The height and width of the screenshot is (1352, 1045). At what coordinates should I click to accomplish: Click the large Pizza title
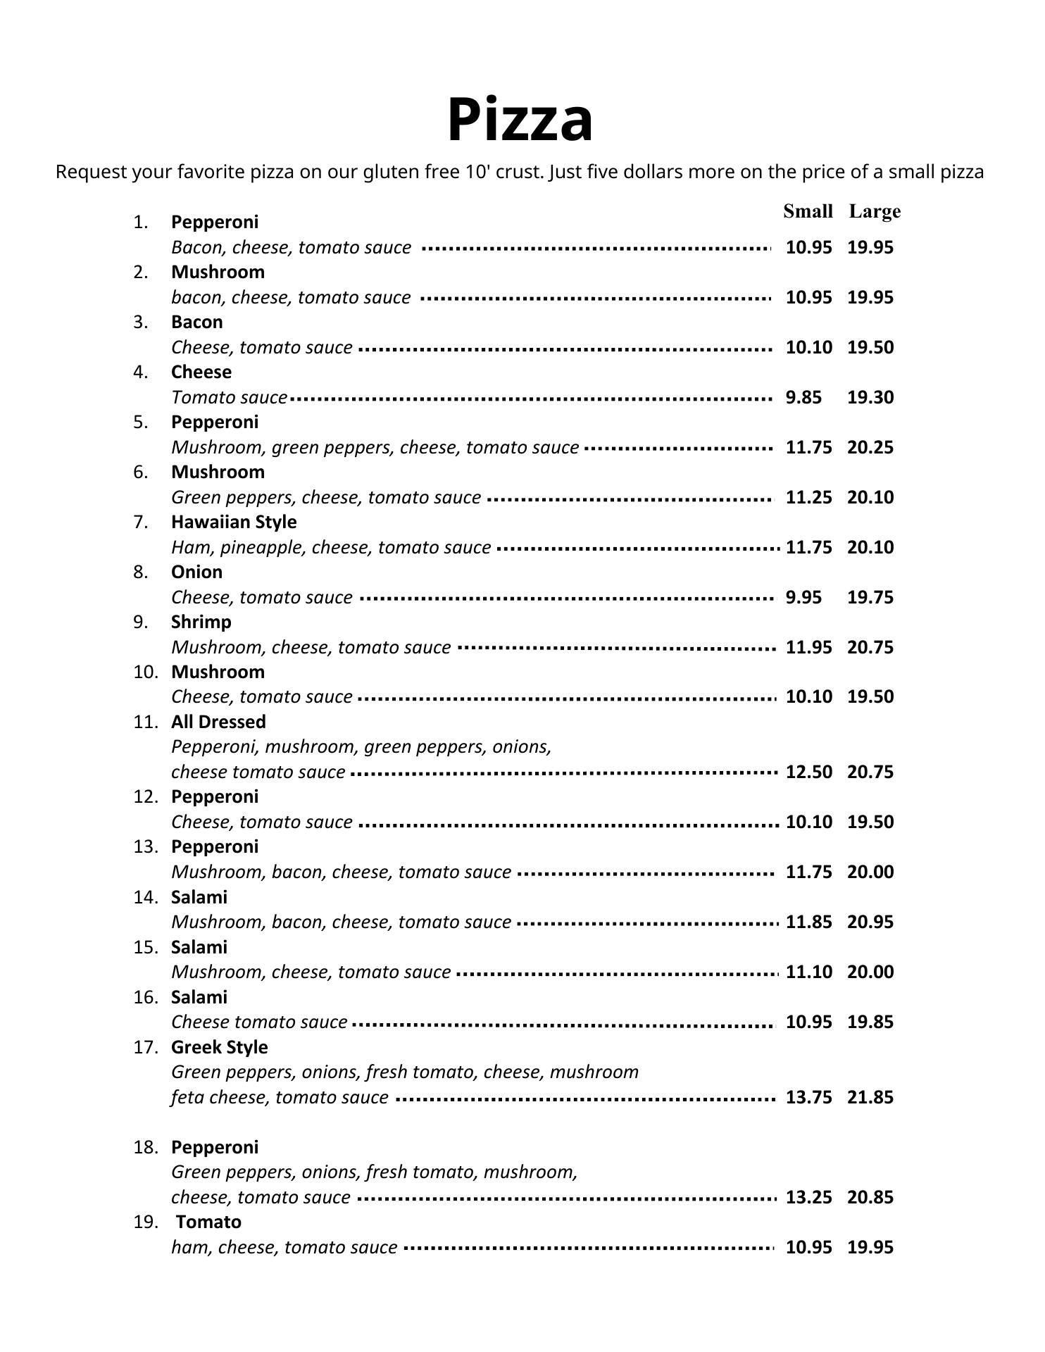520,120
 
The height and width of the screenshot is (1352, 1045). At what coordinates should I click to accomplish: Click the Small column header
808,211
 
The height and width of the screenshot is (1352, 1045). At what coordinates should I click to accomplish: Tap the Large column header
875,211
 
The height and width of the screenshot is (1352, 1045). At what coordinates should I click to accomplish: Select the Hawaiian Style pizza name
234,522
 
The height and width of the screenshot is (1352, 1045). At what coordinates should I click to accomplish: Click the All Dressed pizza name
218,722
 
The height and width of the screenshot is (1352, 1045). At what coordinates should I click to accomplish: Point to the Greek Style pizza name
219,1047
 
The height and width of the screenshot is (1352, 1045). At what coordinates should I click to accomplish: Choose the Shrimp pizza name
201,622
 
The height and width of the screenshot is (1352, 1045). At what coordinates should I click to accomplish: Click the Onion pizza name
196,572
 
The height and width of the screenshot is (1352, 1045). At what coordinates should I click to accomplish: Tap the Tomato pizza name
208,1222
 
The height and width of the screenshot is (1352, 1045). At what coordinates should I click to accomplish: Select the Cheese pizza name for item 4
201,372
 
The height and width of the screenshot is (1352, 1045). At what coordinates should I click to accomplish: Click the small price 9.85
803,397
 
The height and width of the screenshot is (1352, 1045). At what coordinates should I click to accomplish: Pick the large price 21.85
870,1097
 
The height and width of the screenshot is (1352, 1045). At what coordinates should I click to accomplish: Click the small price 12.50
808,772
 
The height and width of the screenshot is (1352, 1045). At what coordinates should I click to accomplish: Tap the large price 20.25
870,447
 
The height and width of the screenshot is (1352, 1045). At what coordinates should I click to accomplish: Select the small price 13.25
808,1197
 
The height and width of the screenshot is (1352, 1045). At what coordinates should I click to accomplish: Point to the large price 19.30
870,397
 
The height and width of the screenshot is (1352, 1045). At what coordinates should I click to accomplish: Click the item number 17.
146,1047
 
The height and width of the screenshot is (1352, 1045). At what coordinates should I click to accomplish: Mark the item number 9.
142,622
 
